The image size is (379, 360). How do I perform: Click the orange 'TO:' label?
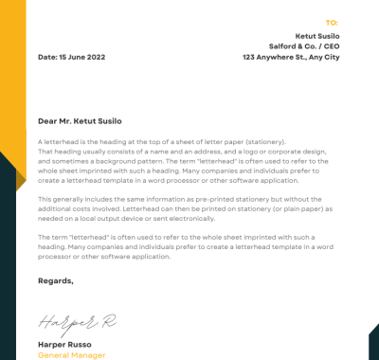[x=332, y=22]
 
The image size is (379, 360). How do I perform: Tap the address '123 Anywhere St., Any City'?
[x=291, y=57]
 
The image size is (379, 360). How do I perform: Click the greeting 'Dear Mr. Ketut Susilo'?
[x=80, y=121]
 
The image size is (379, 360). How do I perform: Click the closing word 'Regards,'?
[x=55, y=280]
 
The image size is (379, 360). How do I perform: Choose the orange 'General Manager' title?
[x=72, y=354]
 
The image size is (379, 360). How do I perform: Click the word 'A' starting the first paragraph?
[x=41, y=141]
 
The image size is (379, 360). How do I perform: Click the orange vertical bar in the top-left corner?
[x=12, y=76]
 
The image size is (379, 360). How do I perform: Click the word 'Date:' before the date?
[x=47, y=57]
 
